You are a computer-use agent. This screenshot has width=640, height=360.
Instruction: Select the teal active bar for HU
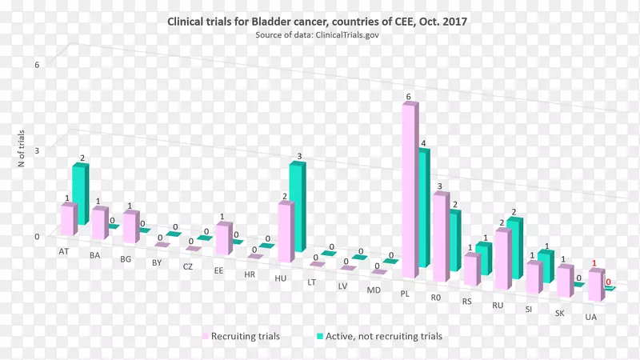[x=297, y=204]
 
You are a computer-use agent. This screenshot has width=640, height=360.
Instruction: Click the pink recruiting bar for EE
[x=223, y=239]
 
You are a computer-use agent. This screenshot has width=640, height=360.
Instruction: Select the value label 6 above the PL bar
[x=408, y=98]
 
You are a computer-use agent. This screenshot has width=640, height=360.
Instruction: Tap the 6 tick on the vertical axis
[x=37, y=64]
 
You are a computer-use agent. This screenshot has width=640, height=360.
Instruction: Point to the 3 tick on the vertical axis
[x=37, y=150]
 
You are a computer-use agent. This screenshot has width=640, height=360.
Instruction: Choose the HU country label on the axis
[x=281, y=278]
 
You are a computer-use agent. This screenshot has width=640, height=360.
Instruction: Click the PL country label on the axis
[x=405, y=294]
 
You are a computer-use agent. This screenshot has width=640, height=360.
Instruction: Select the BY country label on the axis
[x=157, y=262]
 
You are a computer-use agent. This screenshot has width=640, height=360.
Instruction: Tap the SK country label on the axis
[x=560, y=312]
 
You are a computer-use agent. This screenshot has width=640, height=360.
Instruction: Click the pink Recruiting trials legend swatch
[x=205, y=337]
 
